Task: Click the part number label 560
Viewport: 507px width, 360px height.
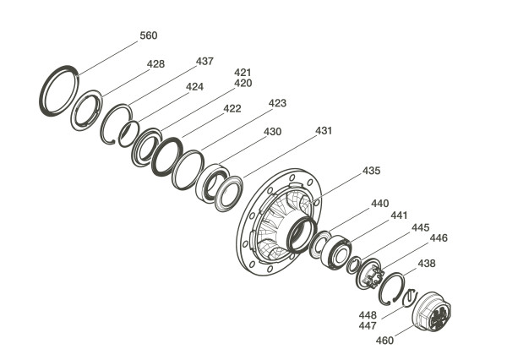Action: pyautogui.click(x=149, y=35)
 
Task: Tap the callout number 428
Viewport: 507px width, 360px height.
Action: pyautogui.click(x=155, y=64)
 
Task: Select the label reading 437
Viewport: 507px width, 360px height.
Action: pyautogui.click(x=204, y=62)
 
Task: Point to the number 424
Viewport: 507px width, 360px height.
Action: pyautogui.click(x=194, y=87)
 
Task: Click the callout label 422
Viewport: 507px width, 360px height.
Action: pyautogui.click(x=232, y=109)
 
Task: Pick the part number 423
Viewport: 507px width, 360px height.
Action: pyautogui.click(x=277, y=103)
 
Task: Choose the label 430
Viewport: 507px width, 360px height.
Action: pyautogui.click(x=272, y=132)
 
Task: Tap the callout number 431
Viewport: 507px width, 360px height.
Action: pyautogui.click(x=324, y=131)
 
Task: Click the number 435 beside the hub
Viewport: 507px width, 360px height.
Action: pyautogui.click(x=371, y=171)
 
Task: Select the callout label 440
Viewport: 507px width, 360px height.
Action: pyautogui.click(x=379, y=204)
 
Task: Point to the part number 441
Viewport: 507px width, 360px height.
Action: pyautogui.click(x=399, y=215)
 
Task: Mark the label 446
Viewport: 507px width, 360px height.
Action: pyautogui.click(x=439, y=238)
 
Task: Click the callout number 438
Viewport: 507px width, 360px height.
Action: pyautogui.click(x=427, y=264)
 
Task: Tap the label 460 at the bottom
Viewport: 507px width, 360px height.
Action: pyautogui.click(x=384, y=341)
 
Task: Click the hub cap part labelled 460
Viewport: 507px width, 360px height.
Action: pyautogui.click(x=433, y=312)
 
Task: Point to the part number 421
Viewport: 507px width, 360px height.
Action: pyautogui.click(x=243, y=73)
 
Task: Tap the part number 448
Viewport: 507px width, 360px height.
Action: pyautogui.click(x=368, y=314)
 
